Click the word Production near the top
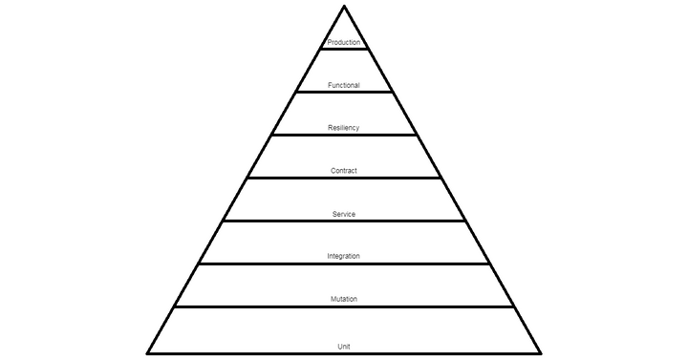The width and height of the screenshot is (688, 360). (x=344, y=42)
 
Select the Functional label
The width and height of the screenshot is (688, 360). (x=344, y=85)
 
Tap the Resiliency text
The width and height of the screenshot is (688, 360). (x=344, y=128)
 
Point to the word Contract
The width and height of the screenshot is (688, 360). (x=344, y=171)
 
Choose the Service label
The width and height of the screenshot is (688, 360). (x=344, y=214)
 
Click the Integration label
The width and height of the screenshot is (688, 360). (x=344, y=257)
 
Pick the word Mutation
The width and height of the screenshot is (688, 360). (x=344, y=300)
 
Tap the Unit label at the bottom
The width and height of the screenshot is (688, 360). (x=344, y=345)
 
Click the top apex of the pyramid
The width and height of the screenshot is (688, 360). (x=344, y=7)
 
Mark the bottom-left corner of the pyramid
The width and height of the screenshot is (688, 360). (x=148, y=352)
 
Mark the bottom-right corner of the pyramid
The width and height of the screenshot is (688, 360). (x=540, y=352)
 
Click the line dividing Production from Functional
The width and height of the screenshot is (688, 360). (x=344, y=49)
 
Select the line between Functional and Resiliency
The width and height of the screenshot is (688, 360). (x=344, y=92)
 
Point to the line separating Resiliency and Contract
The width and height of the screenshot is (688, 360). (x=344, y=135)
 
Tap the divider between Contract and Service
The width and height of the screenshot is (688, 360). (x=344, y=178)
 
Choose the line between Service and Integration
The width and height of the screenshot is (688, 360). (x=344, y=221)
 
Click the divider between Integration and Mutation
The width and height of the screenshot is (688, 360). (x=344, y=264)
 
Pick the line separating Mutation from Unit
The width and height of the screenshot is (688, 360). (x=344, y=307)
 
